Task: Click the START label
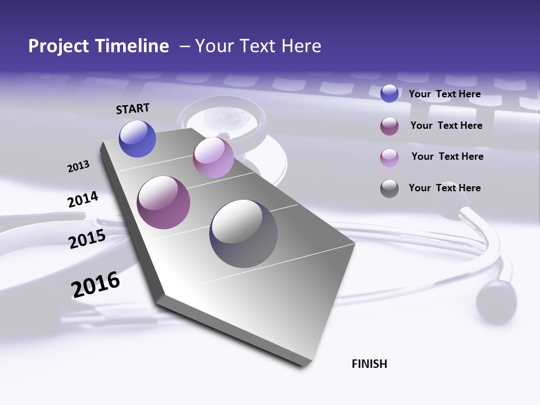133,109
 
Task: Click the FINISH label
370,364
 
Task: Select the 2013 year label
79,166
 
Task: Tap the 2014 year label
83,200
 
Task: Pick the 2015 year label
87,240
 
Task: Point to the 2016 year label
96,285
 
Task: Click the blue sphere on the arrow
137,138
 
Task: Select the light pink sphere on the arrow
213,157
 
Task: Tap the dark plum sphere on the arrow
164,202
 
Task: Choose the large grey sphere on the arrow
244,233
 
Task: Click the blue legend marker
389,93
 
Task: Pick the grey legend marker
389,188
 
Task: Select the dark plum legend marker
389,126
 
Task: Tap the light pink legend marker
389,157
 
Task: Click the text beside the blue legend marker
444,94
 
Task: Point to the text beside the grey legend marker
444,188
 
